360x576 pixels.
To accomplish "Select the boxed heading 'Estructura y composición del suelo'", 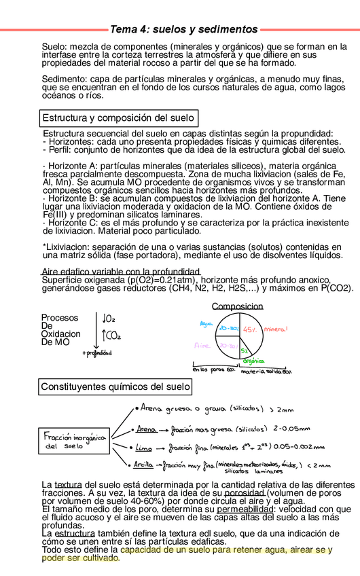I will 119,118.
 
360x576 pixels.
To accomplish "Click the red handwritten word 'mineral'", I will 276,329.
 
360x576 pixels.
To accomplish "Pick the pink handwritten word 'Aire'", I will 202,345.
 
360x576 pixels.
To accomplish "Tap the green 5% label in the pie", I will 243,350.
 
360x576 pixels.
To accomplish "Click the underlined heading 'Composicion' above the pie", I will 237,306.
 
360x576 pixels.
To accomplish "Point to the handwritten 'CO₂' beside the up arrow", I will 111,335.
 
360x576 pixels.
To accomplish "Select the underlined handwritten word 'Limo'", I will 144,448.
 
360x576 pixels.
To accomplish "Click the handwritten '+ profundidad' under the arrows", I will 96,353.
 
